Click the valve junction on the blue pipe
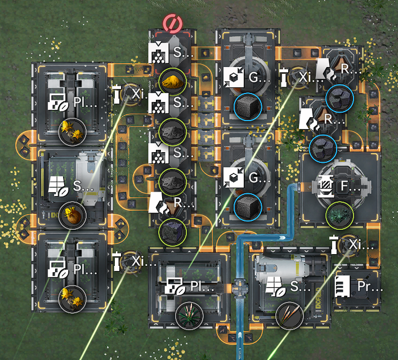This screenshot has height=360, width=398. (242, 287)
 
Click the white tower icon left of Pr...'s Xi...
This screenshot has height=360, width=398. (334, 244)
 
